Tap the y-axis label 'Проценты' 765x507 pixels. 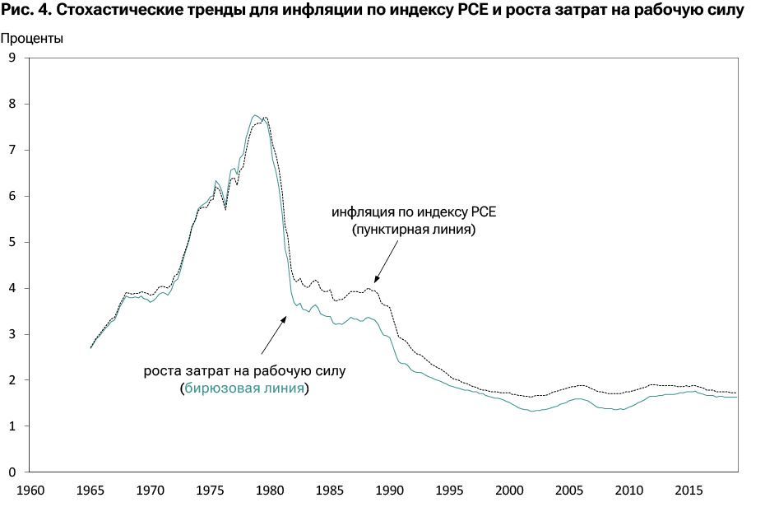(x=32, y=38)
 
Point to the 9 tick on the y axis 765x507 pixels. (x=12, y=58)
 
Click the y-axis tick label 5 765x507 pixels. (x=12, y=242)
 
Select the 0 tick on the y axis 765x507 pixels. (x=12, y=472)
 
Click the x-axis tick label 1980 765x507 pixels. (x=269, y=490)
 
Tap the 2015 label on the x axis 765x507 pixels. (x=688, y=490)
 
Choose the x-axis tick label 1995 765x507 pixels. (x=449, y=490)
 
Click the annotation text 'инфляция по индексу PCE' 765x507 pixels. (x=414, y=212)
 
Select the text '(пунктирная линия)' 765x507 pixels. (x=414, y=230)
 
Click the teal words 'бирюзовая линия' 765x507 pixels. (x=244, y=388)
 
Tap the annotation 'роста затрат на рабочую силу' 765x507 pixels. (x=244, y=370)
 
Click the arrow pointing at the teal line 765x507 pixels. (x=273, y=334)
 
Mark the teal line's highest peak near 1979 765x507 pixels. (x=255, y=115)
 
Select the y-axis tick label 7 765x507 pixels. (x=12, y=150)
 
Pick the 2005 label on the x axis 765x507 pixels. (x=569, y=490)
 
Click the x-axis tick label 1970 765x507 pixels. (x=150, y=490)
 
